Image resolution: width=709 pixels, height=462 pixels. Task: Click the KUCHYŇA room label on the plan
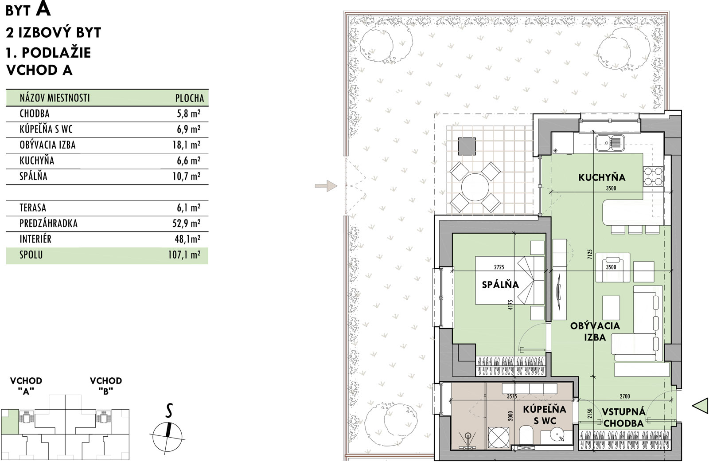602,177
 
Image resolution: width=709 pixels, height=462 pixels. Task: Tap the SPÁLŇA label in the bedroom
500,285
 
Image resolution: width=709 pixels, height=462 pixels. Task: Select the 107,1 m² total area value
184,255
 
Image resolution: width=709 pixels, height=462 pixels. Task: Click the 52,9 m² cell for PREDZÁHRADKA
186,223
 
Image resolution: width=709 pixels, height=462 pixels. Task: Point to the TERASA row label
33,208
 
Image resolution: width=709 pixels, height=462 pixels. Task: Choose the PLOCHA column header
190,98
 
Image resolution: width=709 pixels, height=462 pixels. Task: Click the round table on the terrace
475,187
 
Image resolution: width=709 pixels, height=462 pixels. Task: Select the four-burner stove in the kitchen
653,176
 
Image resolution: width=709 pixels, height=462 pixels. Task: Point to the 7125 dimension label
590,254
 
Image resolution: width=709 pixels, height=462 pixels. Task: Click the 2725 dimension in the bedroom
499,267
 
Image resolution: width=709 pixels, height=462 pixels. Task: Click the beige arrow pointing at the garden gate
326,186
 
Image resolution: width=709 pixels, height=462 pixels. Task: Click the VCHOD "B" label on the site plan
106,386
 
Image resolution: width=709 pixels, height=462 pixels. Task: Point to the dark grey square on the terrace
467,146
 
